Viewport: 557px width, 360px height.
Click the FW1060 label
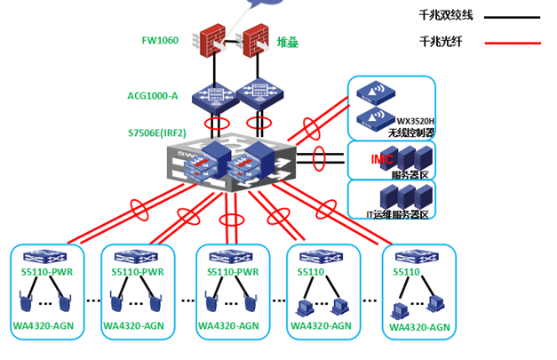160,40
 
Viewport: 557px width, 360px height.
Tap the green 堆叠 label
287,41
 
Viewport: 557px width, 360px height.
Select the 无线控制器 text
412,132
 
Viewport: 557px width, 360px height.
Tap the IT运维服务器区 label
398,214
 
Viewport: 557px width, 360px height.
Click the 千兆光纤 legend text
441,41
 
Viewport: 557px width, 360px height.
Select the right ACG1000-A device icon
259,95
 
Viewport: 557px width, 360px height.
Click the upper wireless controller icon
370,92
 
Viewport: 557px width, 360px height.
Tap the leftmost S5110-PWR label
49,271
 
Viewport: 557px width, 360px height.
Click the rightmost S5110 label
407,271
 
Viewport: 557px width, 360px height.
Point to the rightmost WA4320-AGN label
419,328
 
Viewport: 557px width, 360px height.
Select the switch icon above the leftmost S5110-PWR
49,255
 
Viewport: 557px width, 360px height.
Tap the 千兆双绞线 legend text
447,15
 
